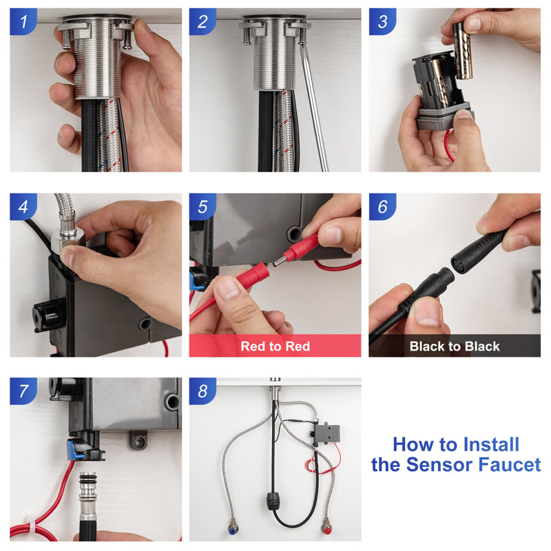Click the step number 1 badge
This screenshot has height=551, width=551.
point(23,21)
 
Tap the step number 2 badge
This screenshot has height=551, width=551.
point(202,21)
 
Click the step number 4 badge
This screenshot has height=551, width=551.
point(23,207)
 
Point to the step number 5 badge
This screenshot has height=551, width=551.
point(202,207)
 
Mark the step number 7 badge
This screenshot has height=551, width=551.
point(23,391)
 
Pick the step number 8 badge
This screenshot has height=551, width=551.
point(202,391)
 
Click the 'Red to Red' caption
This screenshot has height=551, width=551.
point(275,346)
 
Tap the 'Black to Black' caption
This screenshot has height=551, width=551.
point(455,346)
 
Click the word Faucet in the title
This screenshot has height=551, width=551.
point(507,465)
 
